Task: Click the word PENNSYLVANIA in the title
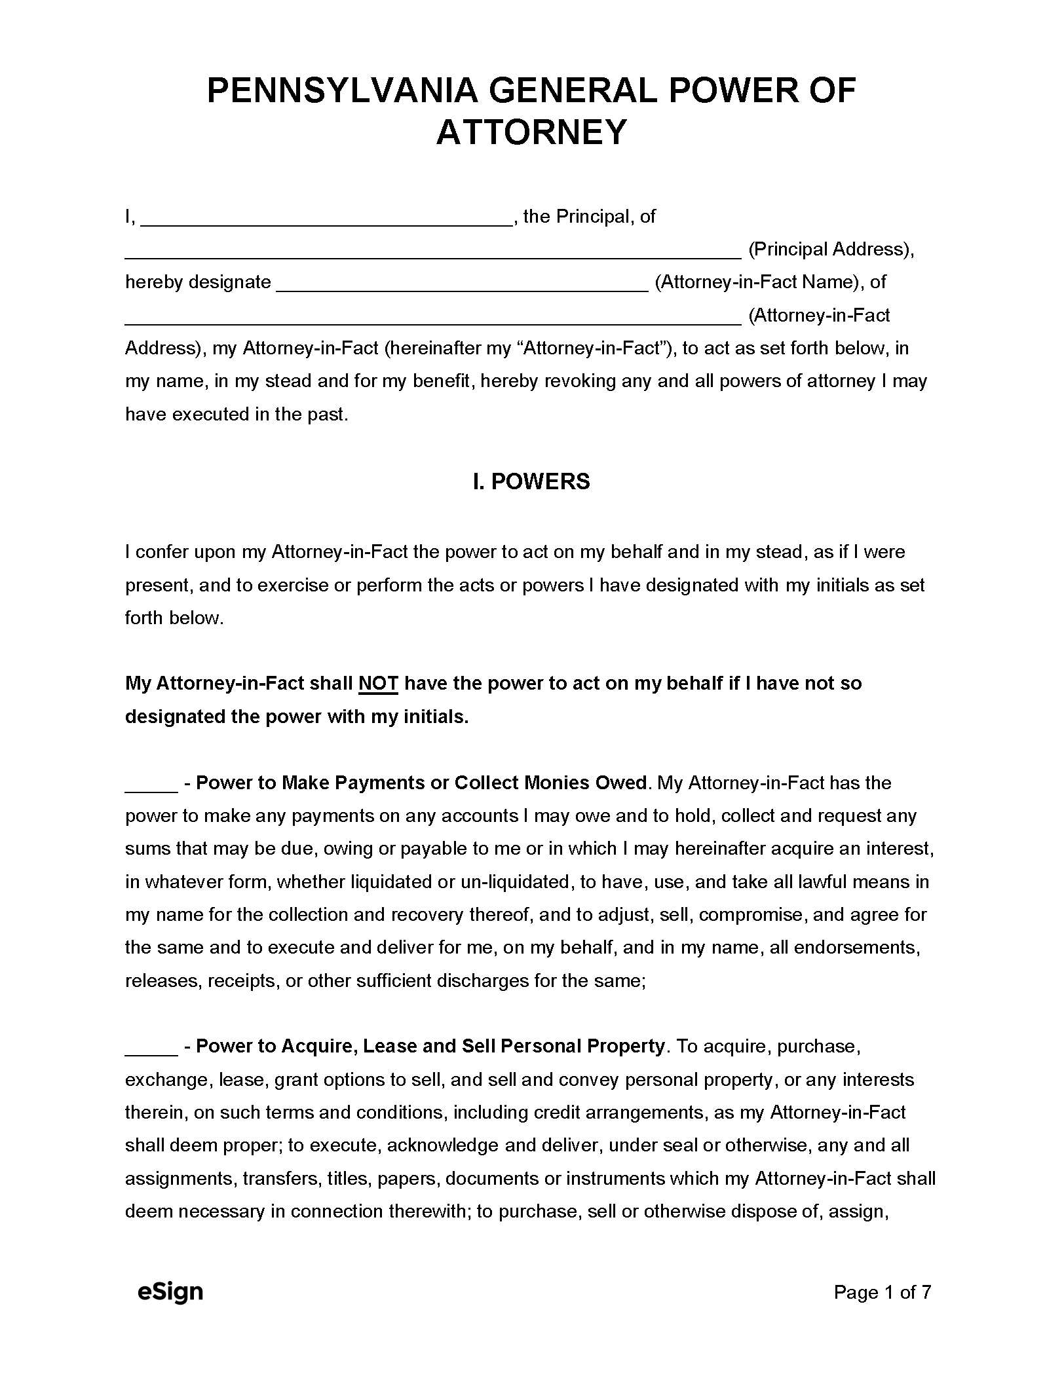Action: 341,91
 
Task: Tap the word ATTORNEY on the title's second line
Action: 531,132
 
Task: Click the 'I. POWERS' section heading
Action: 531,481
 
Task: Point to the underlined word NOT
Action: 379,684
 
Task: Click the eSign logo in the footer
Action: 170,1292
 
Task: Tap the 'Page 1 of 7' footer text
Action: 882,1292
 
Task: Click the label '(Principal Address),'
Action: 831,250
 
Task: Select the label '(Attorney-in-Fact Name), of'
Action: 770,282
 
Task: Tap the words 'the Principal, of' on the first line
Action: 589,217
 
